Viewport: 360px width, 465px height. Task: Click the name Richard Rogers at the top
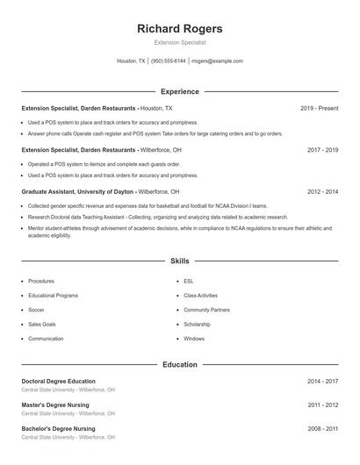tap(180, 29)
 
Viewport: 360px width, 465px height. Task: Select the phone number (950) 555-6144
tap(169, 61)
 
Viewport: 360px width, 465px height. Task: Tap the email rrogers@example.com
tap(217, 61)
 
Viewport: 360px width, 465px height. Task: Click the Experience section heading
tap(180, 91)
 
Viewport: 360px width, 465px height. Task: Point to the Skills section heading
tap(180, 261)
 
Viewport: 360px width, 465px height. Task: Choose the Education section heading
tap(180, 365)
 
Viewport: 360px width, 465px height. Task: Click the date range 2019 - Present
tap(319, 108)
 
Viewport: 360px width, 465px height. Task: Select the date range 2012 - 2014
tap(322, 191)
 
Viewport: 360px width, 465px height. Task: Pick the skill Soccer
tap(36, 310)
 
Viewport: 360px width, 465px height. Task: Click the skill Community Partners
tap(206, 310)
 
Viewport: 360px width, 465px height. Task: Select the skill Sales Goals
tap(40, 324)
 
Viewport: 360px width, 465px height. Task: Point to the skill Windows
tap(194, 339)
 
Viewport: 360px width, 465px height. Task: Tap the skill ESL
tap(189, 281)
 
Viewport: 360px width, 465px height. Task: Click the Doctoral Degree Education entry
tap(58, 382)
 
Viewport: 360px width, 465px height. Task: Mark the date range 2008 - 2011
tap(322, 429)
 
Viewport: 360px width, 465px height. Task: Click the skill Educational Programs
tap(53, 296)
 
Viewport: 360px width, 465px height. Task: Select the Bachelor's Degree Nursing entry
tap(58, 429)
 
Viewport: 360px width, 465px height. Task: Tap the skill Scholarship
tap(197, 324)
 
